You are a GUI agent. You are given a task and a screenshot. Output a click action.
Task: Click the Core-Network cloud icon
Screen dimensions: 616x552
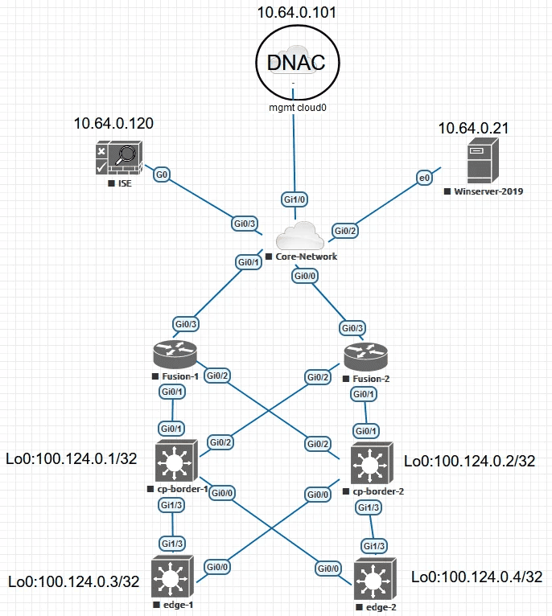point(299,236)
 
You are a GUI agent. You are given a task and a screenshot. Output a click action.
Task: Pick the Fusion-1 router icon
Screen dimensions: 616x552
point(174,355)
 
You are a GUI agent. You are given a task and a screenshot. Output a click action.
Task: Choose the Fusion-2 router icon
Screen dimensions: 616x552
point(366,356)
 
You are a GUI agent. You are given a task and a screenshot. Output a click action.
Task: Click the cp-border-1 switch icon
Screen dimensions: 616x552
point(174,463)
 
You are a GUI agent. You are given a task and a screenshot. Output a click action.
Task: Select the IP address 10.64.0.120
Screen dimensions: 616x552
point(113,124)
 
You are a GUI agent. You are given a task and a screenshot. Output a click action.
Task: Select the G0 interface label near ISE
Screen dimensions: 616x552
point(162,174)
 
